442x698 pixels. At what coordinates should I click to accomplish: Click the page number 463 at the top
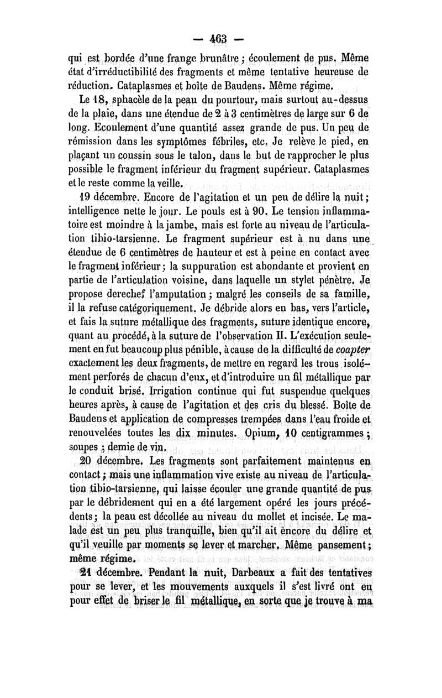tap(220, 40)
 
